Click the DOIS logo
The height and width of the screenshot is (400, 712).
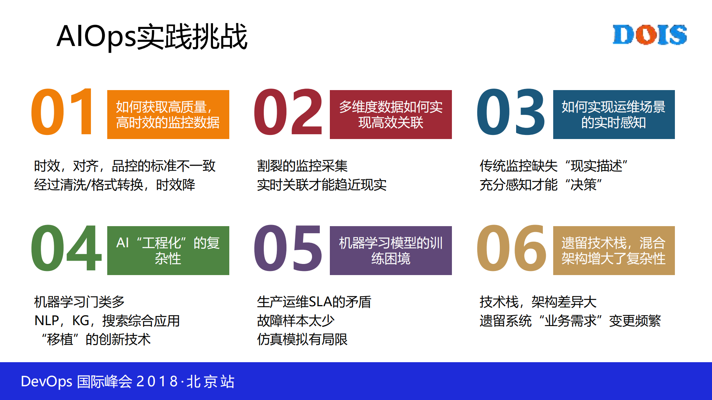click(x=649, y=35)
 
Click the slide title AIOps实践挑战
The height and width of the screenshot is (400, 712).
click(x=152, y=36)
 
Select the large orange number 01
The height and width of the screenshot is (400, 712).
click(x=62, y=112)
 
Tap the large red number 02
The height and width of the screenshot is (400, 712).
click(x=288, y=112)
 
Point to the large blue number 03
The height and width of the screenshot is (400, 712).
click(x=511, y=112)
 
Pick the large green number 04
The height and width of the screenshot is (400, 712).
click(x=66, y=248)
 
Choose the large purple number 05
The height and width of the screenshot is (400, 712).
click(x=288, y=248)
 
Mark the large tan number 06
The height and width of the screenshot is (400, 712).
click(x=511, y=248)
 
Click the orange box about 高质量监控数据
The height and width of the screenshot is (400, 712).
click(x=168, y=115)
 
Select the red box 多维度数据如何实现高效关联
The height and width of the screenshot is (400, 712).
click(x=391, y=115)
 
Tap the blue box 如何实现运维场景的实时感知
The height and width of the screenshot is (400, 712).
click(x=614, y=115)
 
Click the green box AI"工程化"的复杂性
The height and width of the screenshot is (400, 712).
click(x=168, y=251)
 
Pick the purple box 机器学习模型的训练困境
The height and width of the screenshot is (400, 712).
click(x=391, y=251)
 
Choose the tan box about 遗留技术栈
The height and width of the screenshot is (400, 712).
click(x=614, y=251)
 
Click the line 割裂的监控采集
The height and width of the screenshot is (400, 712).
click(x=302, y=166)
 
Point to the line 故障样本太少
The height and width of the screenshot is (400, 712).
click(x=296, y=321)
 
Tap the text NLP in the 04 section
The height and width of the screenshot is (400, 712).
click(x=47, y=321)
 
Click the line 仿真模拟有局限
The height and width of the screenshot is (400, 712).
click(x=302, y=339)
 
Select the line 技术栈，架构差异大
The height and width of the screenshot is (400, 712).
click(x=538, y=302)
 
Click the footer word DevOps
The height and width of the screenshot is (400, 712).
click(x=46, y=381)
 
